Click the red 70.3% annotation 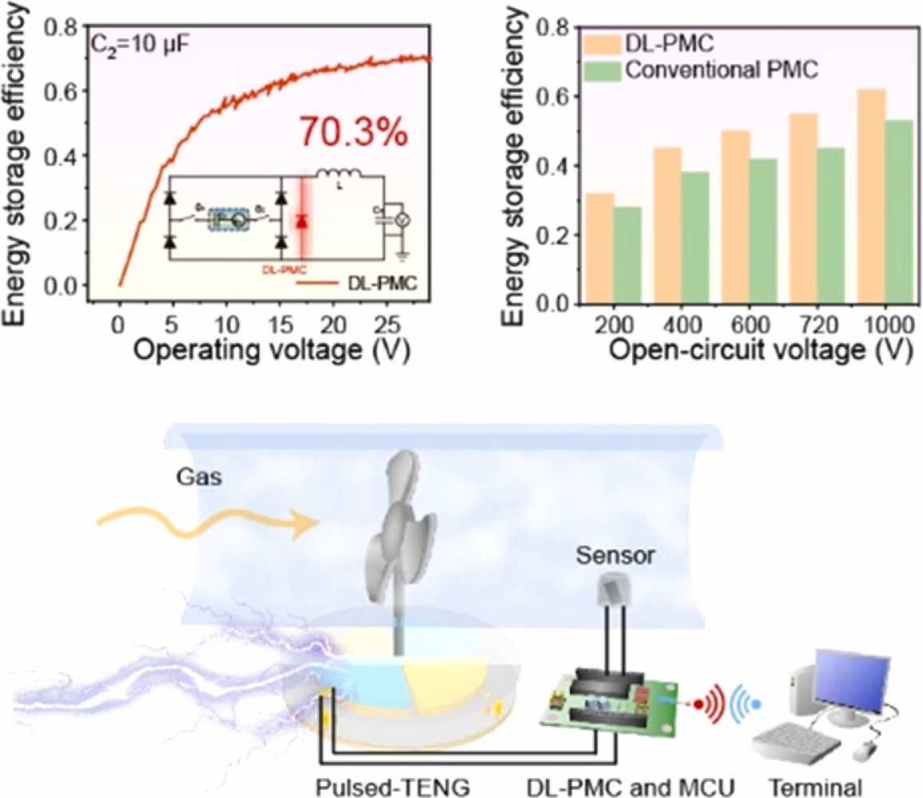click(x=353, y=133)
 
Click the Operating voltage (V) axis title click(x=271, y=349)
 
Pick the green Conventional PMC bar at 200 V click(x=627, y=255)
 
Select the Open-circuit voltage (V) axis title click(x=750, y=350)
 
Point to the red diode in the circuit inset click(x=301, y=221)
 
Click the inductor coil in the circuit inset click(x=339, y=174)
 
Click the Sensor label click(x=615, y=555)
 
